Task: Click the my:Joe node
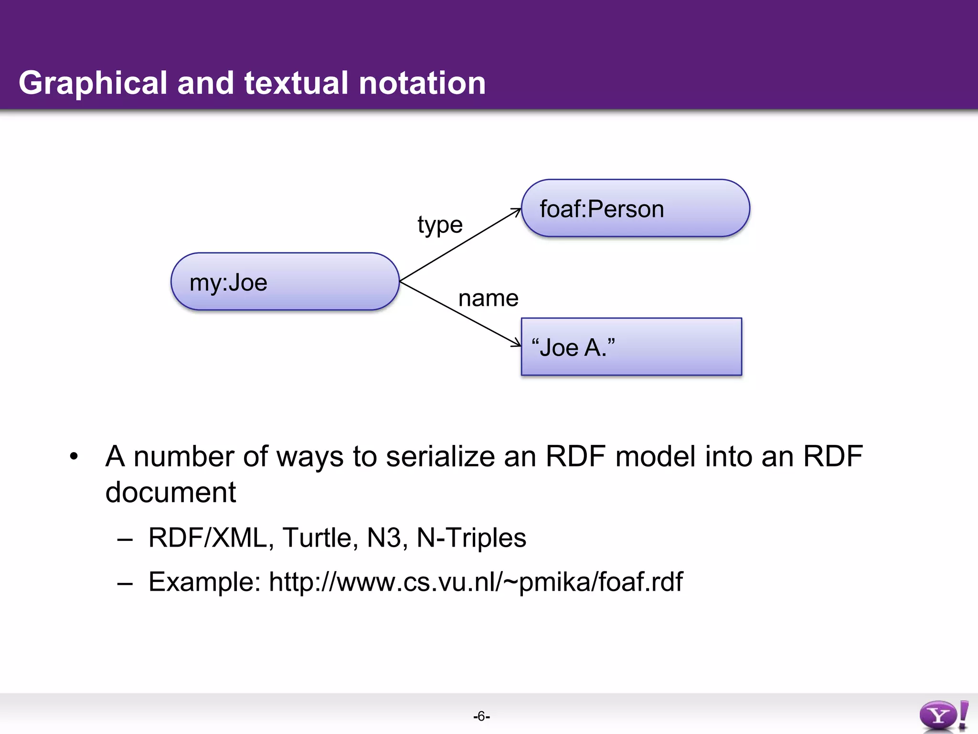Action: click(x=285, y=282)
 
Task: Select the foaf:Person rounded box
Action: click(x=635, y=208)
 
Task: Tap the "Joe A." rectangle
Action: click(x=631, y=347)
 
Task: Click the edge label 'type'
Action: click(x=440, y=225)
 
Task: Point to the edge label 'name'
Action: click(x=488, y=299)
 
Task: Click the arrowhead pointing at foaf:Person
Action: click(x=517, y=211)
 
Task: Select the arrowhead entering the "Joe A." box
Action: click(x=517, y=344)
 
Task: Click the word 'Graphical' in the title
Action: click(x=93, y=84)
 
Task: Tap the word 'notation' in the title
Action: click(x=422, y=84)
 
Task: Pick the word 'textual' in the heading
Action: click(x=296, y=84)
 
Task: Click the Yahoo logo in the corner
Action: click(x=944, y=716)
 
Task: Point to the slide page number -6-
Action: click(x=481, y=716)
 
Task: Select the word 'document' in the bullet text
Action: click(x=170, y=492)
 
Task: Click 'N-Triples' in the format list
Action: click(x=471, y=538)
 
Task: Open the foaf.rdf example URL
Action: click(x=476, y=582)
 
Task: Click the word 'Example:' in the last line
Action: click(x=204, y=582)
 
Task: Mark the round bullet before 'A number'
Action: click(x=74, y=456)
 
